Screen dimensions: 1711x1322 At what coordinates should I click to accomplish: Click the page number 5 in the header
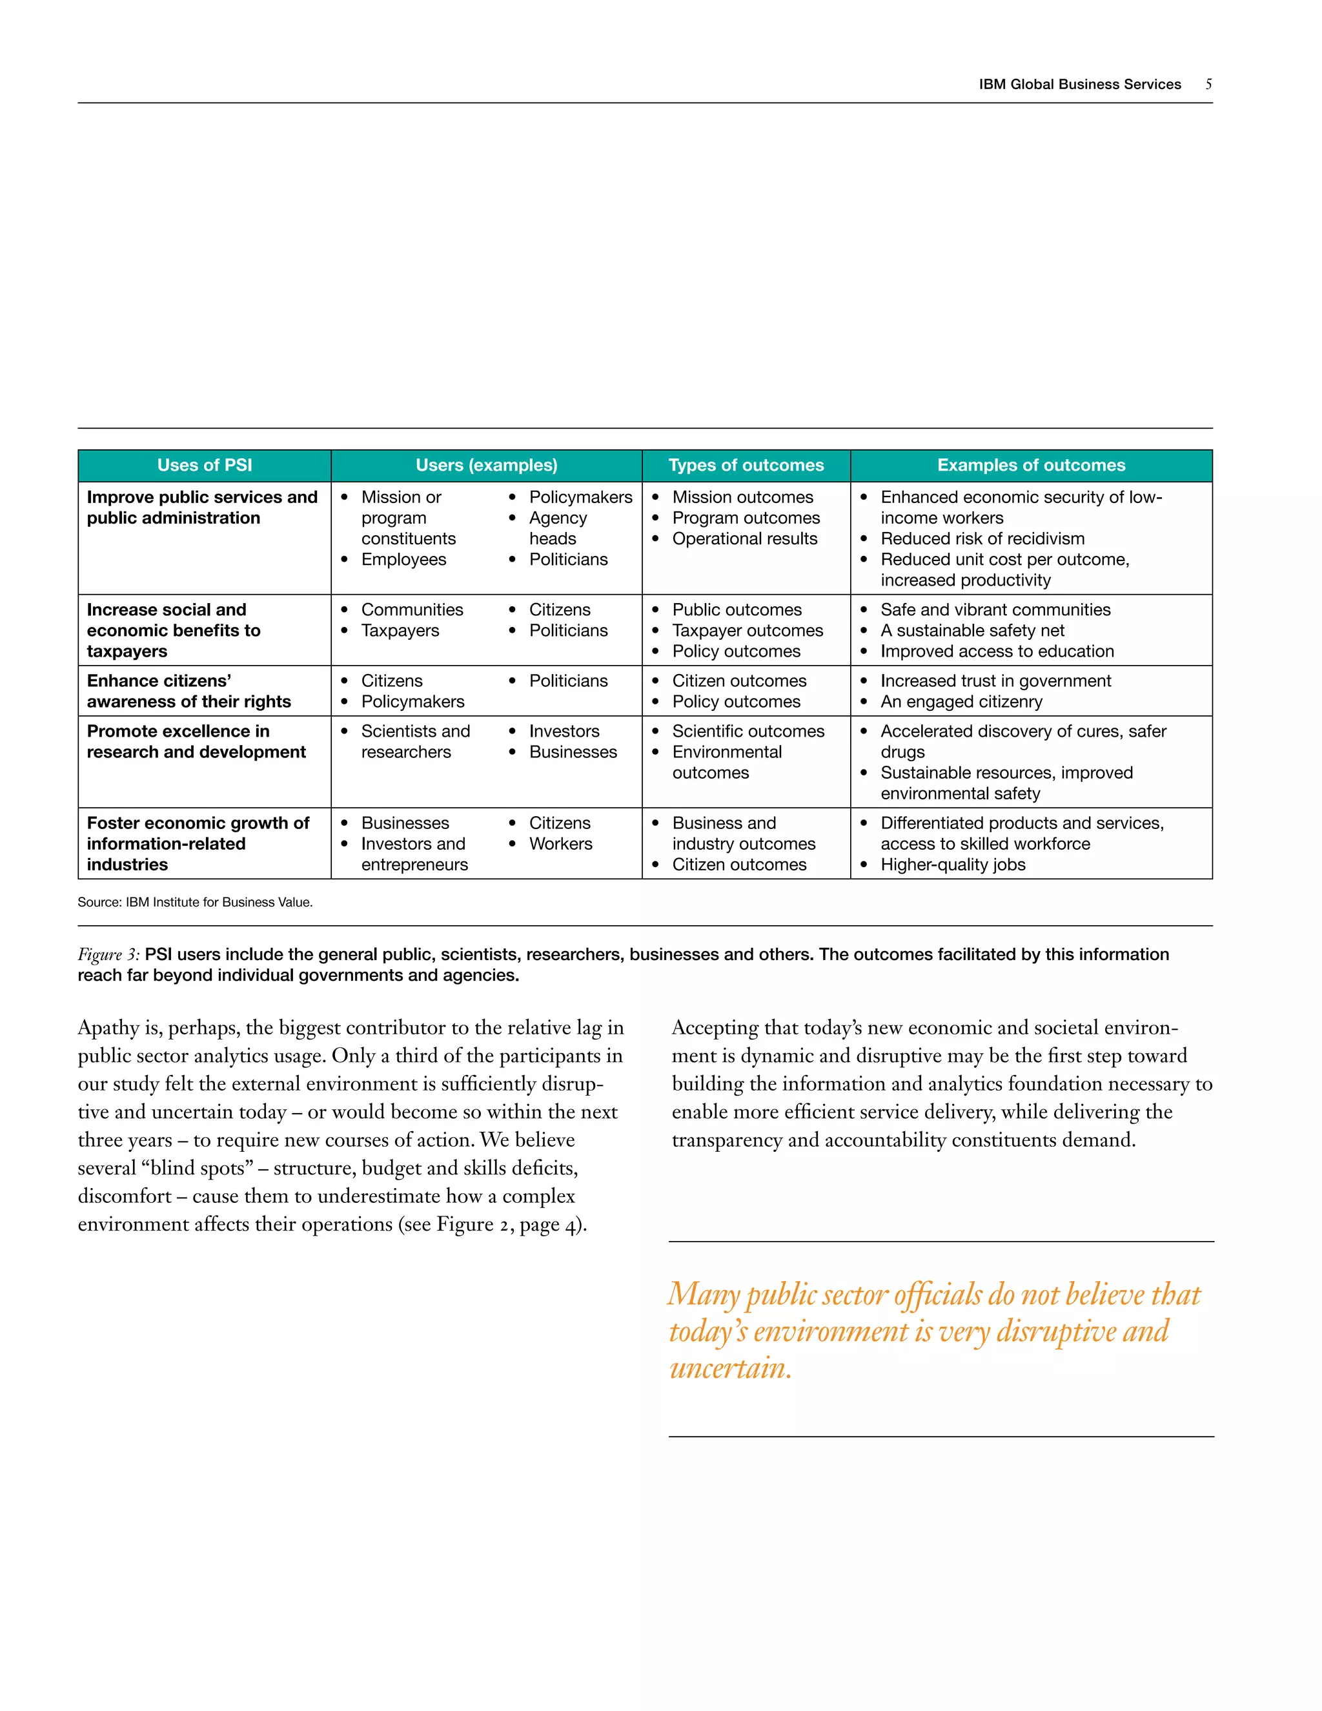1208,85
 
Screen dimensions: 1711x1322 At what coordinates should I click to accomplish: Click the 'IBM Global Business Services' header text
1079,85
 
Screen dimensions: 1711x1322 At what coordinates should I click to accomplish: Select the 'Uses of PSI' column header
205,466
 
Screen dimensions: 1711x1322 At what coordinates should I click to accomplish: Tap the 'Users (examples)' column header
486,466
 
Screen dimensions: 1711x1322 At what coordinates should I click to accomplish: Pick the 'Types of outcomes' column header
746,466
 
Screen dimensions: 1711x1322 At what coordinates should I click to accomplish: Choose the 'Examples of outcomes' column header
1031,466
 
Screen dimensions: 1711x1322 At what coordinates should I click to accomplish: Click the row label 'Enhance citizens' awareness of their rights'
188,691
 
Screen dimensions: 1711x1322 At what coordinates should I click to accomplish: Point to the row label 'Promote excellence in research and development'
196,741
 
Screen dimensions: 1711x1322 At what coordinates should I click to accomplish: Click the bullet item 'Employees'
403,559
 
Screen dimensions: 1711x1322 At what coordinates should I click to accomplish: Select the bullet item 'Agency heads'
558,528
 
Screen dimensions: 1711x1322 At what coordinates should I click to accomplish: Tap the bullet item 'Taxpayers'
400,631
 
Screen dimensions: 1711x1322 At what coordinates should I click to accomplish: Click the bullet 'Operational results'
744,539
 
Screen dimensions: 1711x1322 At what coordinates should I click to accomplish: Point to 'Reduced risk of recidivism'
982,539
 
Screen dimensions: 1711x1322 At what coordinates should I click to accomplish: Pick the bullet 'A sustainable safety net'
972,631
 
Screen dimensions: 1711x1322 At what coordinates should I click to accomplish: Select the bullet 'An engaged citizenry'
961,702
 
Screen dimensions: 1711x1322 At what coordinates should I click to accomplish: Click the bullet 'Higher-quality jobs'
952,865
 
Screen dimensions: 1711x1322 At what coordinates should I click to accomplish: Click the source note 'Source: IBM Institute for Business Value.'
195,903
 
